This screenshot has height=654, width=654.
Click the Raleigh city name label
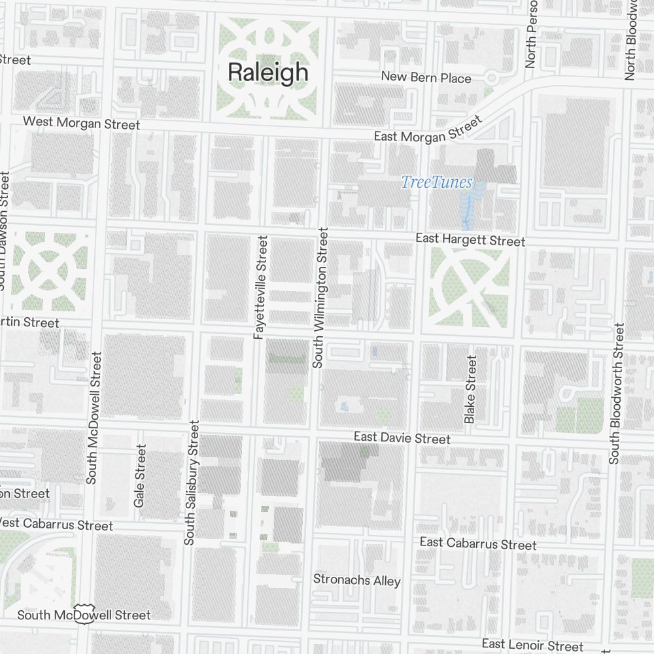[x=267, y=72]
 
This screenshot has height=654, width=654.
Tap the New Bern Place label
[x=426, y=78]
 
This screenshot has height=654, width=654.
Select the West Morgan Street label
[x=81, y=123]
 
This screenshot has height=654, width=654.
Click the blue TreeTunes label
[x=436, y=182]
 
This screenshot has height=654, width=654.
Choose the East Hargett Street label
[x=470, y=240]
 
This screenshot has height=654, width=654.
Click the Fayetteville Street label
[x=260, y=287]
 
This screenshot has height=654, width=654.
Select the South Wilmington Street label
[x=319, y=298]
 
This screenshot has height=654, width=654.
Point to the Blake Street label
[x=470, y=389]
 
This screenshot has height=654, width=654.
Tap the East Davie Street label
[x=402, y=438]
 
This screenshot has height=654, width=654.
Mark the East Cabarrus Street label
[x=478, y=543]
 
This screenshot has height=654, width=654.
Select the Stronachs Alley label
[x=356, y=580]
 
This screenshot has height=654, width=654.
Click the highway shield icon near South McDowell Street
[x=82, y=613]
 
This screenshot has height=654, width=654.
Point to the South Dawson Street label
[x=5, y=230]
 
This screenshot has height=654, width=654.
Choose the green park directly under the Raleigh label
[x=267, y=98]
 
